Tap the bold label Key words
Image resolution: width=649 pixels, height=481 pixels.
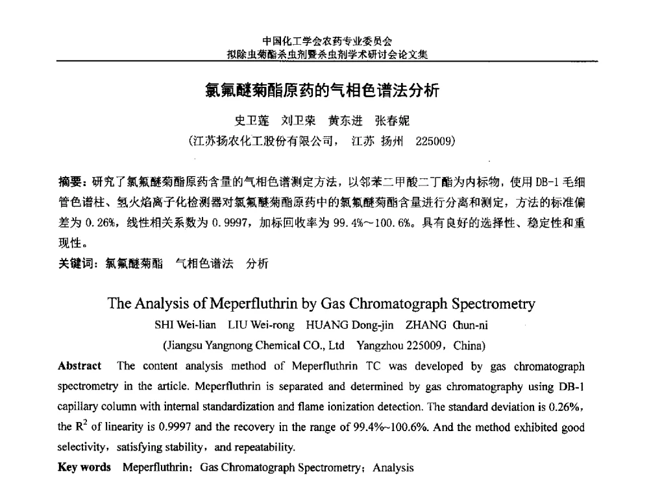[x=84, y=467]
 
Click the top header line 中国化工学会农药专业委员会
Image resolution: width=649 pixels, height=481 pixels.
[x=326, y=42]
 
